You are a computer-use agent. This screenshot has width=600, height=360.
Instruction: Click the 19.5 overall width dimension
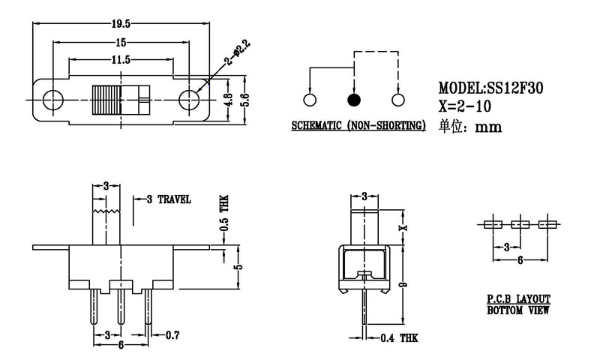point(120,24)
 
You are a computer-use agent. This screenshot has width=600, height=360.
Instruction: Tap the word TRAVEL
point(175,199)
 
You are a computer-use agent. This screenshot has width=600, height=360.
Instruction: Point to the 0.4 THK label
point(399,338)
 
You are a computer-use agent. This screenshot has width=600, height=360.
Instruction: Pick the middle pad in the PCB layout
point(519,224)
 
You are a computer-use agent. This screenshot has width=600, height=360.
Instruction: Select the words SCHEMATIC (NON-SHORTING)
point(358,124)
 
